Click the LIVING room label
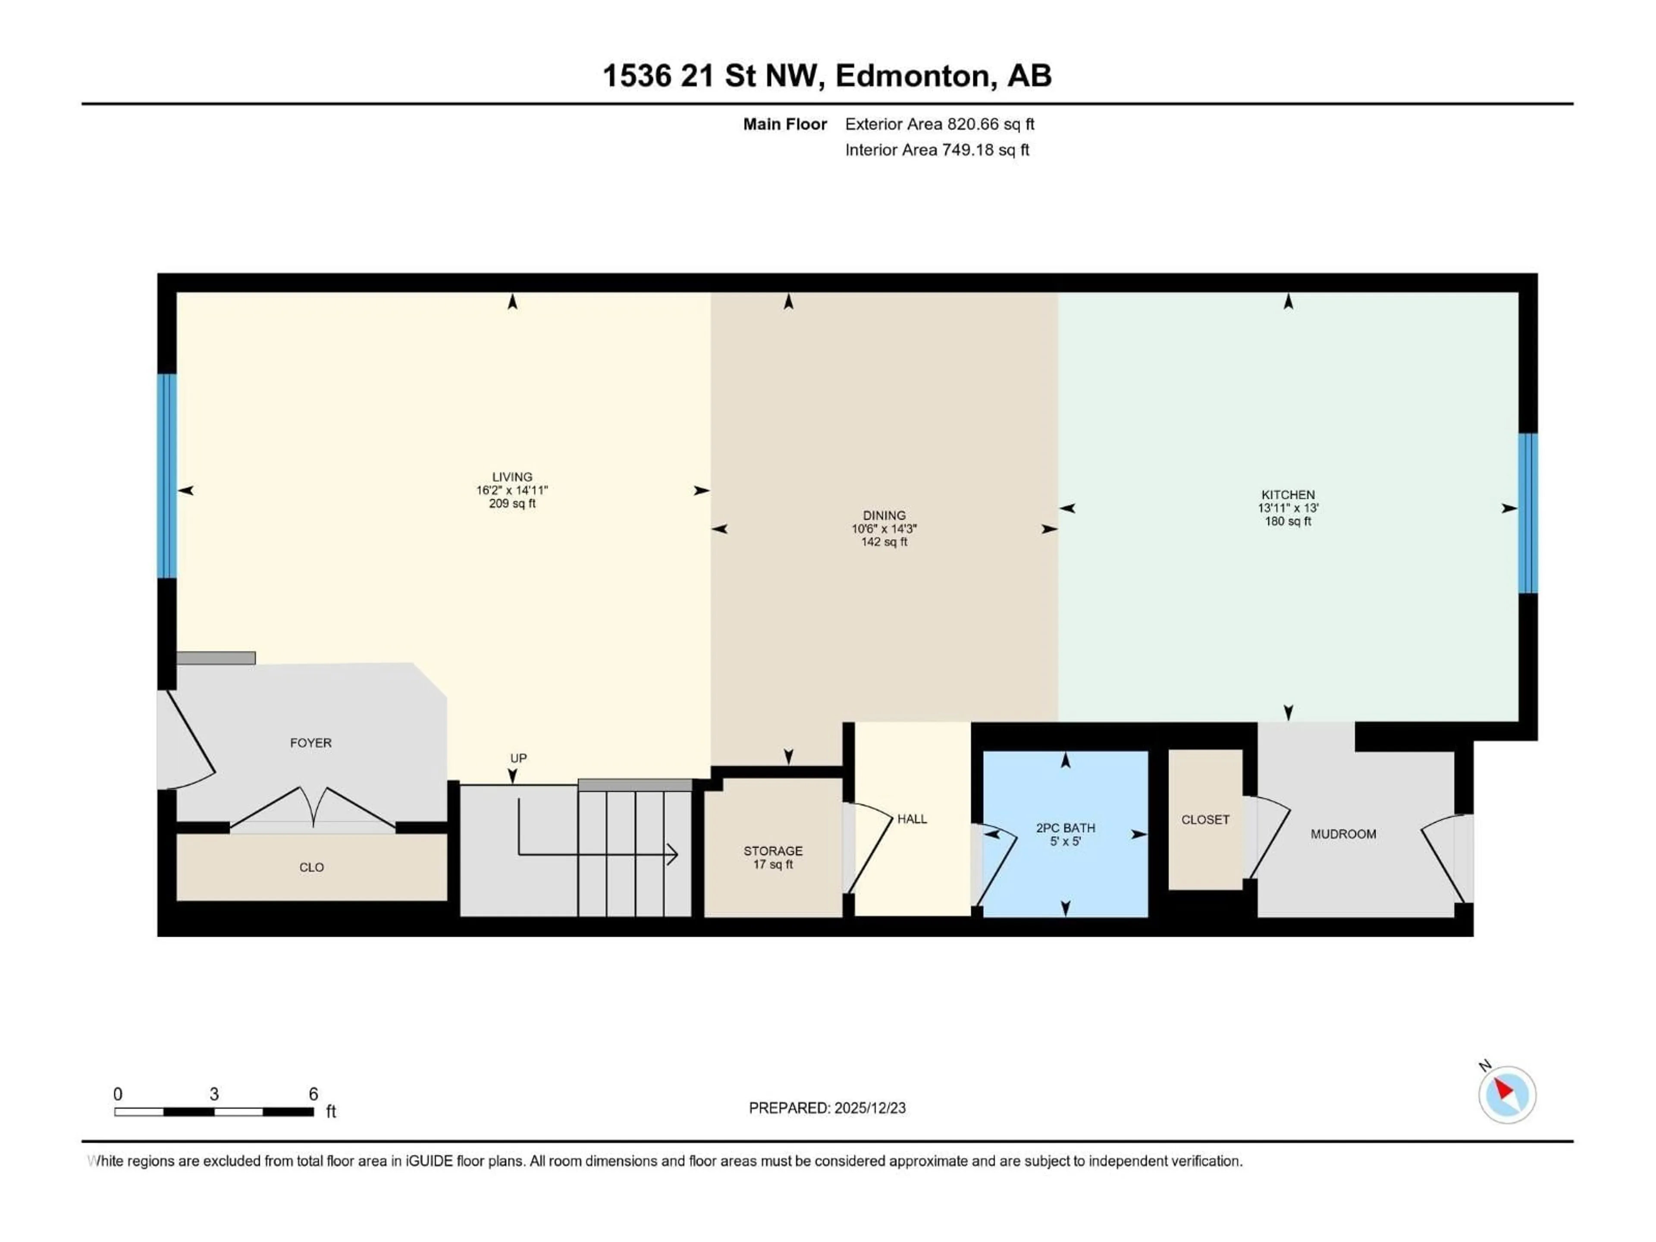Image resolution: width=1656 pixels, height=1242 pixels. [512, 477]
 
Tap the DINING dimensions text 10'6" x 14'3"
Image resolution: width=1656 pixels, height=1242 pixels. [884, 529]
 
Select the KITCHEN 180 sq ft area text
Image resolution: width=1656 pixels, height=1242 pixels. [1288, 521]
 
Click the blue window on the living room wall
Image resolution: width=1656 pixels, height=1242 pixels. [166, 476]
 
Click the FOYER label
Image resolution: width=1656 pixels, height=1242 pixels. [310, 743]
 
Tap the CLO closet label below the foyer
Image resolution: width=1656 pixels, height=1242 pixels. [311, 867]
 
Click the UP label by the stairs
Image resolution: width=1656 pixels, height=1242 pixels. [518, 759]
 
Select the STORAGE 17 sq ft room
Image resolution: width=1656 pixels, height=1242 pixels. [773, 857]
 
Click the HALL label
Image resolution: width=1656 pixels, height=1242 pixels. [912, 819]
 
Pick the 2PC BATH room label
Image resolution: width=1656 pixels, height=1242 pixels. [1065, 828]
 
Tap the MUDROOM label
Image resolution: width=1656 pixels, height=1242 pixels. [1343, 834]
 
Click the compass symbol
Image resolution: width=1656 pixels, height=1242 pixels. [1507, 1095]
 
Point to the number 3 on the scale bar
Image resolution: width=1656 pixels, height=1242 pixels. [214, 1094]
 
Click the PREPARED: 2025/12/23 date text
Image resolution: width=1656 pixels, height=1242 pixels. [827, 1108]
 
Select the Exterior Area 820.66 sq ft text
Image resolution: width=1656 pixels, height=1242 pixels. [940, 124]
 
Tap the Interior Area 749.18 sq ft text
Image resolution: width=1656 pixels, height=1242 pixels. [937, 150]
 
